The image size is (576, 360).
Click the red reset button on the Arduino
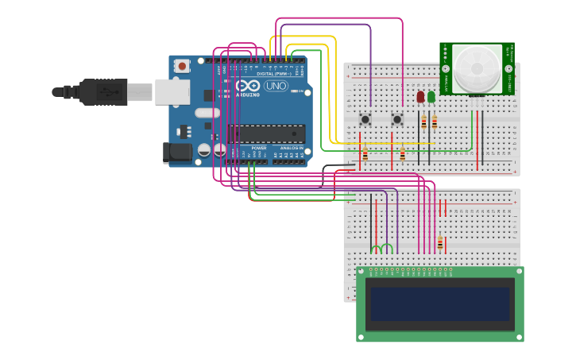click(x=183, y=66)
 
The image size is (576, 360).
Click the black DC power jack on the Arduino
click(x=176, y=152)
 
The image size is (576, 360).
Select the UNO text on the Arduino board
click(x=276, y=86)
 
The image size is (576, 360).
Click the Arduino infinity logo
click(x=247, y=86)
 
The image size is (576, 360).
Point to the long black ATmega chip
click(x=266, y=134)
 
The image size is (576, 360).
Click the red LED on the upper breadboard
click(x=420, y=97)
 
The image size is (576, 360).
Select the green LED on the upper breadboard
click(x=431, y=97)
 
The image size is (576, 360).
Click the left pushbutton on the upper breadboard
click(x=365, y=119)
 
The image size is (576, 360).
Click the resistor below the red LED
click(x=423, y=122)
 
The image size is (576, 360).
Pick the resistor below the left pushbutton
click(x=365, y=155)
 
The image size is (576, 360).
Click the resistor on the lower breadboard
click(x=439, y=242)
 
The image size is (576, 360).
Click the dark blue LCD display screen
click(x=439, y=304)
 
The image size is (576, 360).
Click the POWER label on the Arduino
click(x=259, y=148)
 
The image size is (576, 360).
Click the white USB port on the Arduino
click(x=172, y=92)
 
